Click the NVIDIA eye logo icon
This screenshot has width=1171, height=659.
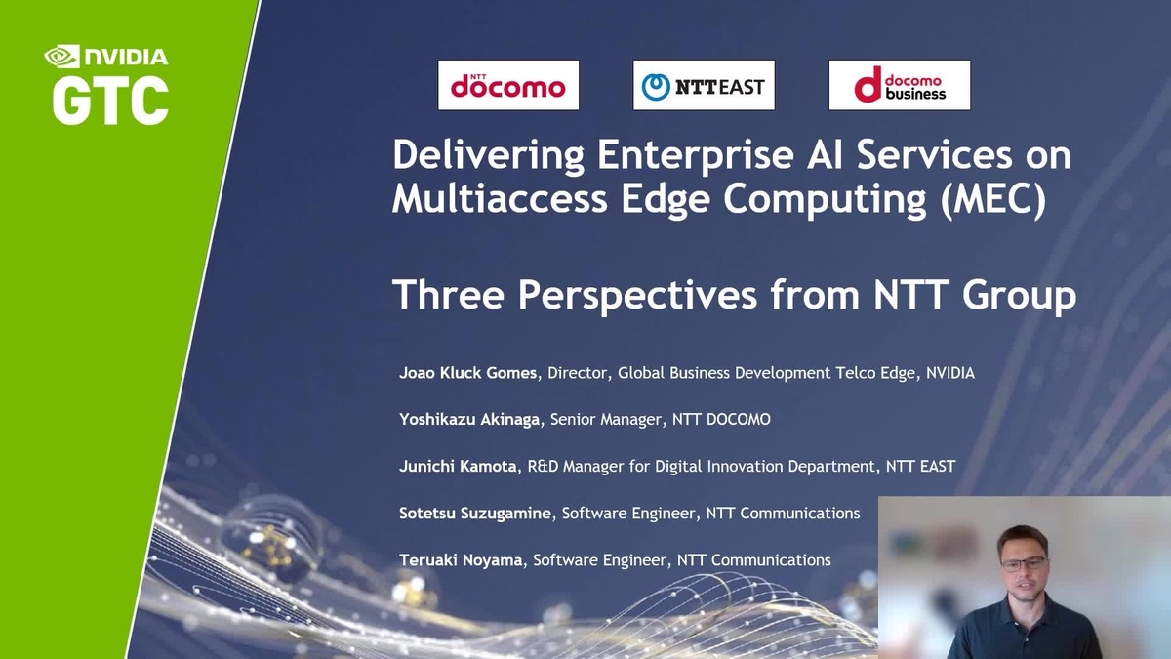point(62,57)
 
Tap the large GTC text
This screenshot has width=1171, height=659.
point(110,100)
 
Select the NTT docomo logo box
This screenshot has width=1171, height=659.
point(508,85)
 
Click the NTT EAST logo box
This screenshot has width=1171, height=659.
point(704,85)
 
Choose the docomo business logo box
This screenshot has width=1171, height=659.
point(899,85)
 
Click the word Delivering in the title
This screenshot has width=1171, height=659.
point(488,155)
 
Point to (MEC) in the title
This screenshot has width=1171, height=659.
point(992,199)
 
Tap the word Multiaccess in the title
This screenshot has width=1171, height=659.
point(500,199)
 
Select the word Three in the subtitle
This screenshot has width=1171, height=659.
point(448,295)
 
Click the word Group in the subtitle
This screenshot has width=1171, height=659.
point(1019,296)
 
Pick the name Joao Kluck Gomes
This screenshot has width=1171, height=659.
point(467,373)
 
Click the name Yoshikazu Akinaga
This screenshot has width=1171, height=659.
point(469,420)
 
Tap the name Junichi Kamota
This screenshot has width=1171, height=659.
point(458,466)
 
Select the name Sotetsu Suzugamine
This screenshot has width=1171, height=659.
point(475,514)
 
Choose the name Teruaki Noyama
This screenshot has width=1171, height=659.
point(461,560)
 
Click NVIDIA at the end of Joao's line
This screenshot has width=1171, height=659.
point(950,373)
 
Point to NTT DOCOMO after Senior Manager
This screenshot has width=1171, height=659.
point(721,420)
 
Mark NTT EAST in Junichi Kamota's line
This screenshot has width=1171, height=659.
point(920,466)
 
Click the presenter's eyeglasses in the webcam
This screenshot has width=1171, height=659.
point(1023,564)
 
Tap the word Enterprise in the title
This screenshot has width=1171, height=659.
point(695,156)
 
